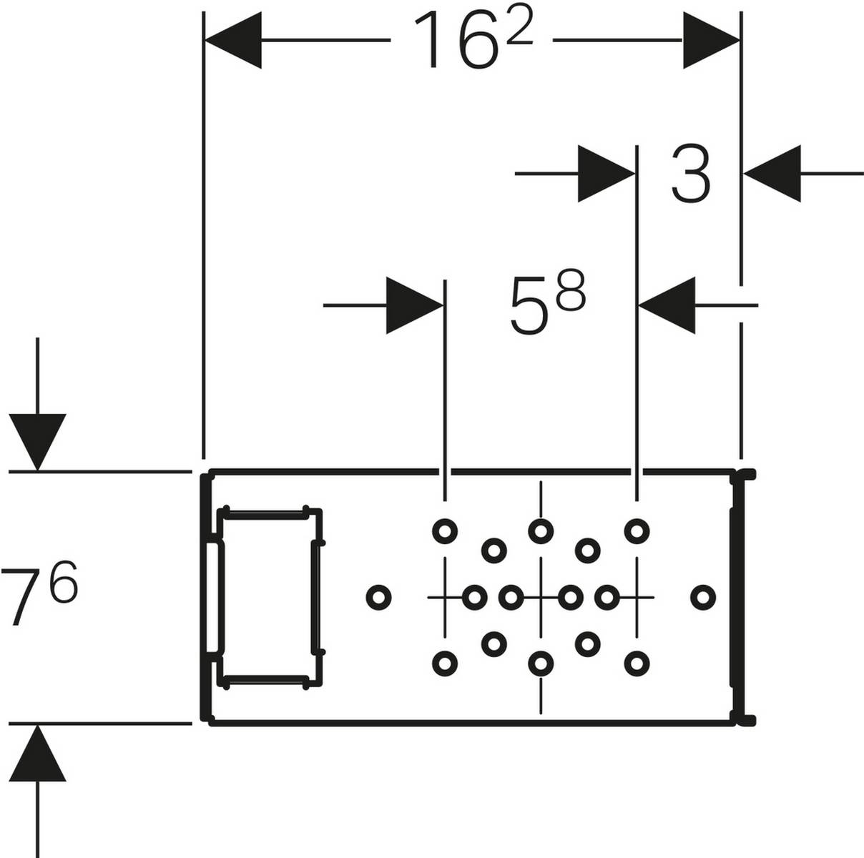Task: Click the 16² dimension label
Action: pos(472,40)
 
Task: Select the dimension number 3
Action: pos(691,174)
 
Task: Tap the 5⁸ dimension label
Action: pos(547,306)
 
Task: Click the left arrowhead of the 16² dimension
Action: pos(233,41)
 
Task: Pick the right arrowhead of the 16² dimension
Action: pos(711,41)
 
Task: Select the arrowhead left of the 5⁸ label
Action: pos(414,305)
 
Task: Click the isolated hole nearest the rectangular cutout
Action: pos(378,596)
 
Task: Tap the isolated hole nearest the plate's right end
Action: pos(703,596)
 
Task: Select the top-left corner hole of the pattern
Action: pos(445,531)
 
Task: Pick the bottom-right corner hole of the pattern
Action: pos(637,663)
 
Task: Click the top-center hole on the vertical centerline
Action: pos(541,531)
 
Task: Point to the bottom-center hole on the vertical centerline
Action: pos(541,663)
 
